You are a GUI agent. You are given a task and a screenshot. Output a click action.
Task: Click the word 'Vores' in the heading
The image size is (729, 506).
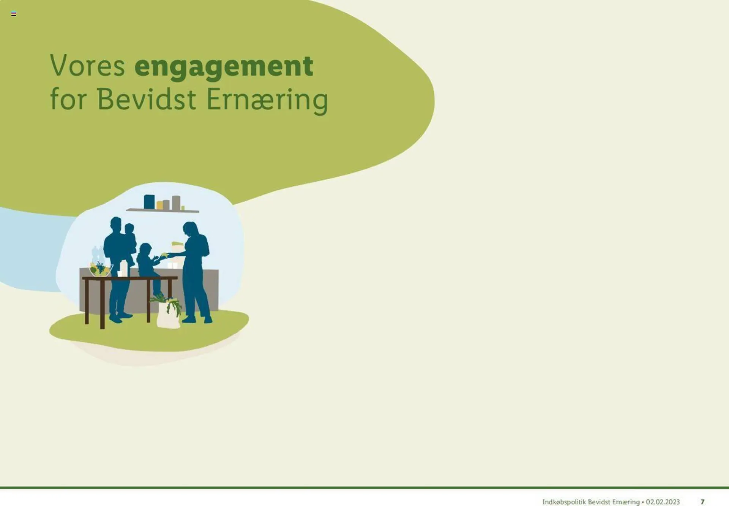pyautogui.click(x=87, y=65)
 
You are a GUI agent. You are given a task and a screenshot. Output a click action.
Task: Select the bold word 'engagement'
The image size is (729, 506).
pyautogui.click(x=224, y=68)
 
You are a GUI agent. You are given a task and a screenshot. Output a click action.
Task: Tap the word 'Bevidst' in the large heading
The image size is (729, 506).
pyautogui.click(x=147, y=99)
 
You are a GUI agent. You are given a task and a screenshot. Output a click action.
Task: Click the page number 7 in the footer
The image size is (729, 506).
pyautogui.click(x=702, y=502)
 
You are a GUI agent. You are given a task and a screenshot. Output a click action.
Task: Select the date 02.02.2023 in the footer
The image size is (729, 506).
pyautogui.click(x=663, y=502)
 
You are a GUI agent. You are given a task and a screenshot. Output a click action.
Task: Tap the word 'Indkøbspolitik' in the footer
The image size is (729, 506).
pyautogui.click(x=563, y=502)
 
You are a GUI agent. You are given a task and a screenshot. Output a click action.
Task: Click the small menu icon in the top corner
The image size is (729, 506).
pyautogui.click(x=14, y=14)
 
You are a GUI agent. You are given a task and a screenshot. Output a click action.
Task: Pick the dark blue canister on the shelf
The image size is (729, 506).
pyautogui.click(x=149, y=202)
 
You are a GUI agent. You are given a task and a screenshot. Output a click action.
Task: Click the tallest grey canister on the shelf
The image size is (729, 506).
pyautogui.click(x=176, y=203)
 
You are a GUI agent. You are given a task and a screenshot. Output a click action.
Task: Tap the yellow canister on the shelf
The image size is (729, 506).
pyautogui.click(x=160, y=205)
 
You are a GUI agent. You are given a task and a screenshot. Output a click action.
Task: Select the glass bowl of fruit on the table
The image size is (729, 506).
pyautogui.click(x=101, y=269)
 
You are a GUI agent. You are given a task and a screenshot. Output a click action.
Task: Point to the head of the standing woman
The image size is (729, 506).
pyautogui.click(x=191, y=229)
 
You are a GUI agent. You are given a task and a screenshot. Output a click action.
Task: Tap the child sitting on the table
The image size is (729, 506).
pyautogui.click(x=149, y=266)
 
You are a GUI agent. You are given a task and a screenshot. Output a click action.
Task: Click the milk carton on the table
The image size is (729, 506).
pyautogui.click(x=124, y=268)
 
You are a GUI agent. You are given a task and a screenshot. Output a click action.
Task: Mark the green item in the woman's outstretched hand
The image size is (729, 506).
pyautogui.click(x=164, y=254)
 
